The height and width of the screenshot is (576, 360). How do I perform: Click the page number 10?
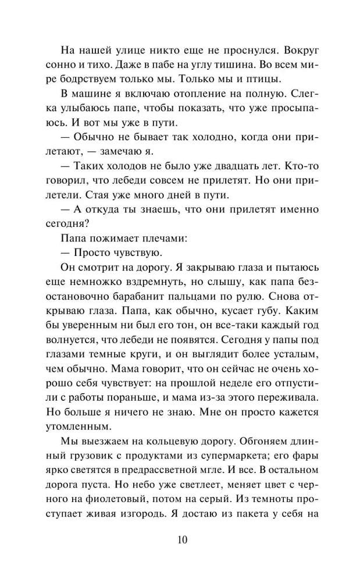pos(180,539)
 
